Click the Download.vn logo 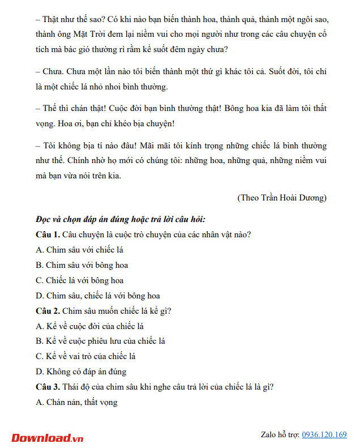(48, 437)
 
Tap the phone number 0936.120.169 (324, 434)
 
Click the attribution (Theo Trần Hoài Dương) (282, 198)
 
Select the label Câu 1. (48, 234)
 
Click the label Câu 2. (48, 310)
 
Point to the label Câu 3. (48, 387)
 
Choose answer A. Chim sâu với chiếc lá (79, 249)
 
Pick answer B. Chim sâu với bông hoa (82, 264)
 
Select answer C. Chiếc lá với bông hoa (79, 280)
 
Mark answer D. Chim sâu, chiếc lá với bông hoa (97, 295)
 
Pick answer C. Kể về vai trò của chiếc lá (85, 356)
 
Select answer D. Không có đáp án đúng (81, 372)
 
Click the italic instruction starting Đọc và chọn (120, 219)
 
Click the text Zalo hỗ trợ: (280, 434)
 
